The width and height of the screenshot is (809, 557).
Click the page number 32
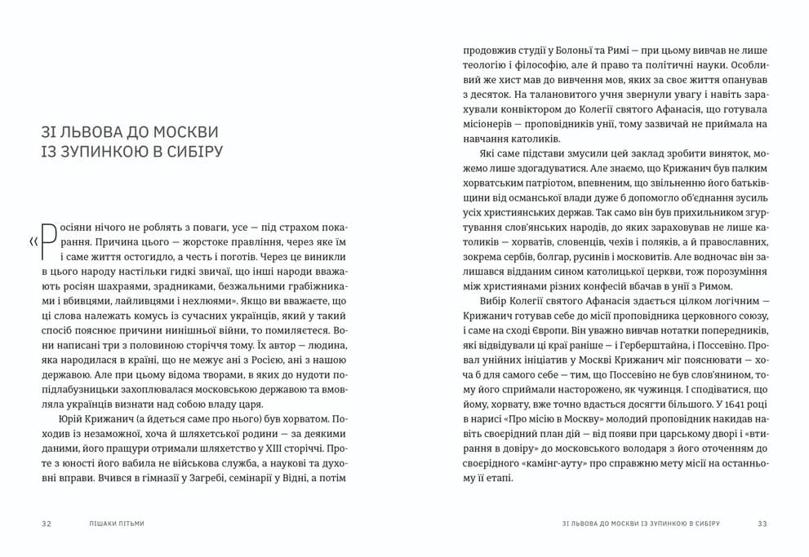47,523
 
